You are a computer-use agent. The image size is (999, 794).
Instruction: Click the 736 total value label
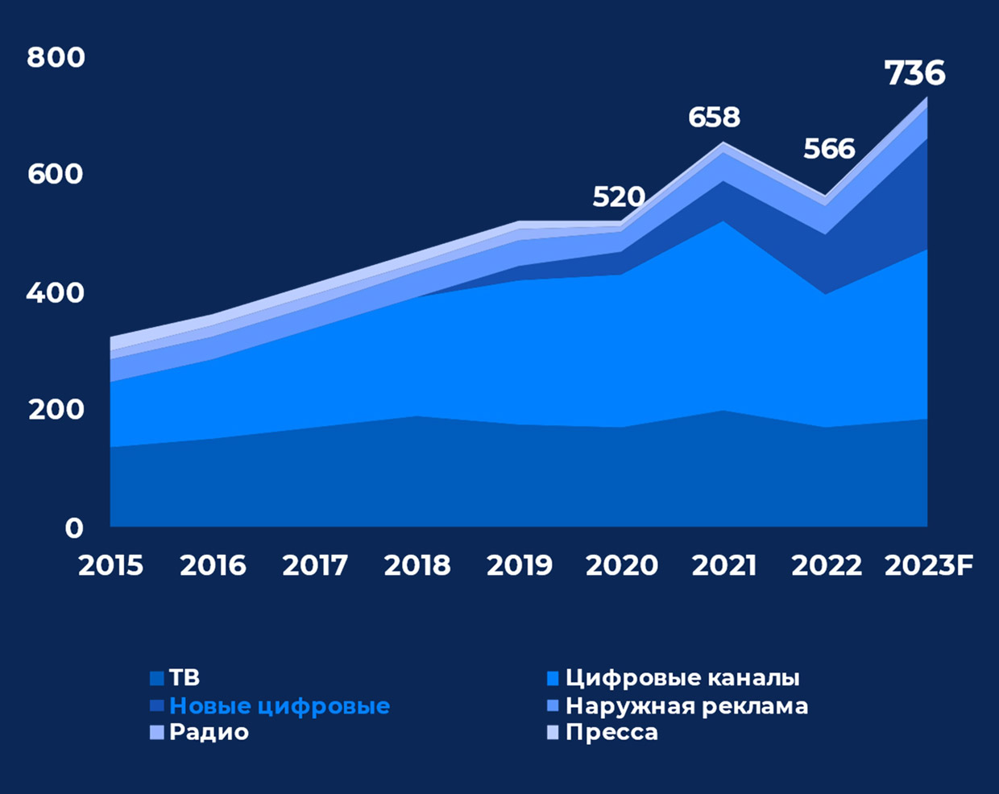[x=914, y=73]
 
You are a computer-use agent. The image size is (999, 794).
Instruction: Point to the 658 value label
[x=714, y=118]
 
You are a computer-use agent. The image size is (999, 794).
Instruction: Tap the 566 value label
[x=829, y=149]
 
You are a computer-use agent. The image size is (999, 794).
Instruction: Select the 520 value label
[x=619, y=196]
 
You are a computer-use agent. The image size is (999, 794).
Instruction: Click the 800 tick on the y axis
[x=56, y=57]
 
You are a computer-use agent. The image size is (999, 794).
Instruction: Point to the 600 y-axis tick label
[x=56, y=174]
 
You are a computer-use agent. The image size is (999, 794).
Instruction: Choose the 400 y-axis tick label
[x=56, y=292]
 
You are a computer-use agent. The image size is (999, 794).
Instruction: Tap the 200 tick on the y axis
[x=56, y=410]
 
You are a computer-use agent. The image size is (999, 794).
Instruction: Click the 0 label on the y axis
[x=74, y=527]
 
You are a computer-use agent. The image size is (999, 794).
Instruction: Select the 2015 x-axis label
[x=110, y=565]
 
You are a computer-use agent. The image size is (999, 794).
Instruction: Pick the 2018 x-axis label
[x=417, y=565]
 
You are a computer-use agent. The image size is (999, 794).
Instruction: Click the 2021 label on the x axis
[x=723, y=565]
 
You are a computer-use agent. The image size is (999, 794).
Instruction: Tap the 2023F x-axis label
[x=928, y=565]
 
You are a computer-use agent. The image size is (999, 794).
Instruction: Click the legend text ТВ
[x=184, y=678]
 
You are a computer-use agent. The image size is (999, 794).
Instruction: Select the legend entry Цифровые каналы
[x=682, y=678]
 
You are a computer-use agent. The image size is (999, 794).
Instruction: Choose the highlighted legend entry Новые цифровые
[x=279, y=706]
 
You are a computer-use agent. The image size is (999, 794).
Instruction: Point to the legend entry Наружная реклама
[x=686, y=706]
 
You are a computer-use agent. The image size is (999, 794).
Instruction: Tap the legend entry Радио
[x=209, y=732]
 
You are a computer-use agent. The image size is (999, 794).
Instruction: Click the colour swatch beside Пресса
[x=553, y=732]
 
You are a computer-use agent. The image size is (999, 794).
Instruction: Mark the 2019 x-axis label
[x=519, y=565]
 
